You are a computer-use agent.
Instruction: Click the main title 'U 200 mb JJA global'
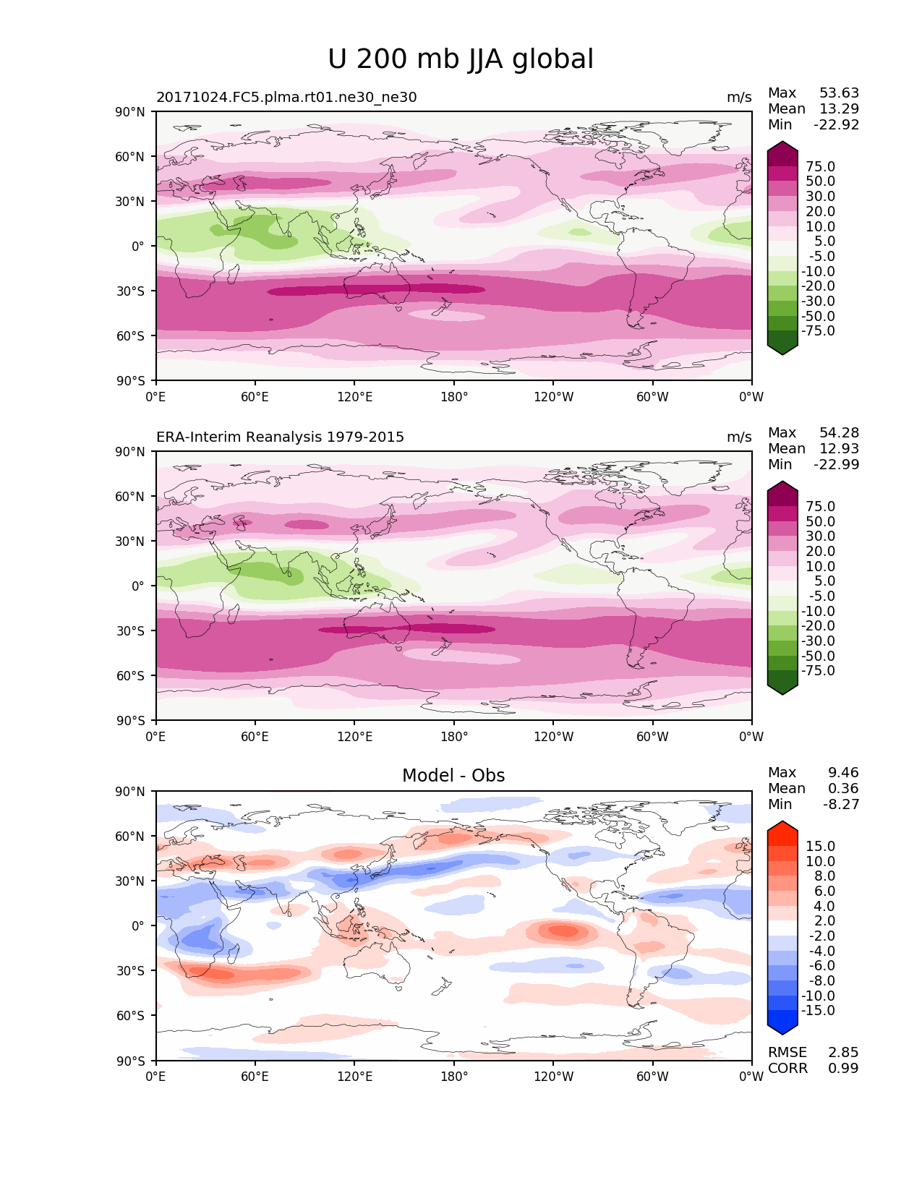(x=461, y=59)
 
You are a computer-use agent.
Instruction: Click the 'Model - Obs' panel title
(x=453, y=776)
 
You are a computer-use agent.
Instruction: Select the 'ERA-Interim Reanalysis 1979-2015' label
(x=280, y=437)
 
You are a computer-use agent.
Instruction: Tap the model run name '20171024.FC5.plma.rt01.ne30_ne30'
(x=286, y=98)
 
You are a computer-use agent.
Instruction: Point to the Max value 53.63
(x=839, y=93)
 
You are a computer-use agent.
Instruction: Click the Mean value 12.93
(x=839, y=449)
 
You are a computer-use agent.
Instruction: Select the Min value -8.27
(x=841, y=805)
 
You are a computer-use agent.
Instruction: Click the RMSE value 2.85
(x=843, y=1053)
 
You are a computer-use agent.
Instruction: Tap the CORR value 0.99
(x=843, y=1069)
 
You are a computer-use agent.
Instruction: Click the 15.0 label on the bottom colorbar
(x=820, y=847)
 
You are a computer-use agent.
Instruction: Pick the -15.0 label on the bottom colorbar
(x=818, y=1011)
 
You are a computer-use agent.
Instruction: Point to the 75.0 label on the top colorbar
(x=820, y=167)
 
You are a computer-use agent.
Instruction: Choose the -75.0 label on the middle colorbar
(x=818, y=671)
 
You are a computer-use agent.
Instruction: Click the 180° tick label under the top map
(x=454, y=397)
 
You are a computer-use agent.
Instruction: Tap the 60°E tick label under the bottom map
(x=255, y=1077)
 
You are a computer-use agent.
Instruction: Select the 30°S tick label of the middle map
(x=131, y=631)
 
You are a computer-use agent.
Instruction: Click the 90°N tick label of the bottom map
(x=131, y=792)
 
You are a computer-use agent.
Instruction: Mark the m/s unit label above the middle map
(x=739, y=437)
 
